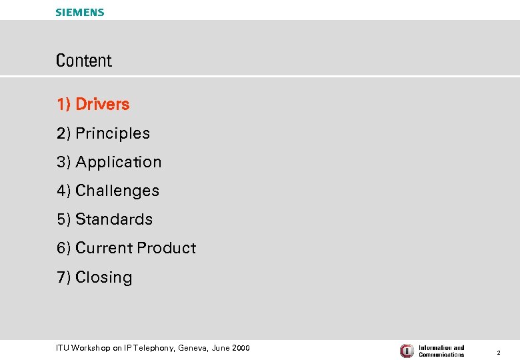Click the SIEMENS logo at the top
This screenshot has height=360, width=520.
click(x=80, y=12)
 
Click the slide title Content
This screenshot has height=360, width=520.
click(x=84, y=61)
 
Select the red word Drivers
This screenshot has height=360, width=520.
click(x=103, y=105)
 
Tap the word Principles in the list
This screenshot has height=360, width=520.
click(x=113, y=133)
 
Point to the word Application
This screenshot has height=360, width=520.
click(x=119, y=162)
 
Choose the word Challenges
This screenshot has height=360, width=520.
click(x=117, y=191)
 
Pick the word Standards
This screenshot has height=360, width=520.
click(x=114, y=219)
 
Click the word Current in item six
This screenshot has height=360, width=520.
click(x=104, y=248)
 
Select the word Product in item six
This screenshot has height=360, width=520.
click(x=166, y=248)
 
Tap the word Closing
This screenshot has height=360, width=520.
click(x=104, y=277)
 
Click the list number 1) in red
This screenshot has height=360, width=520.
click(x=64, y=105)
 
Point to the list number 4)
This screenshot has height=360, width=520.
click(x=64, y=191)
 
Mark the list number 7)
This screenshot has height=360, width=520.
click(x=64, y=277)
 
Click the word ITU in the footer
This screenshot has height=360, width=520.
click(x=63, y=348)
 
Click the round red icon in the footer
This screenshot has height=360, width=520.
click(x=407, y=351)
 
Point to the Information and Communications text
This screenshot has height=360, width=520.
click(x=441, y=351)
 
